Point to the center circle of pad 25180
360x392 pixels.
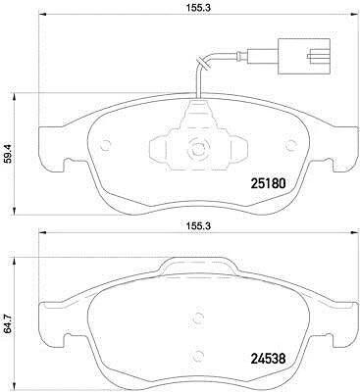click(195, 150)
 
